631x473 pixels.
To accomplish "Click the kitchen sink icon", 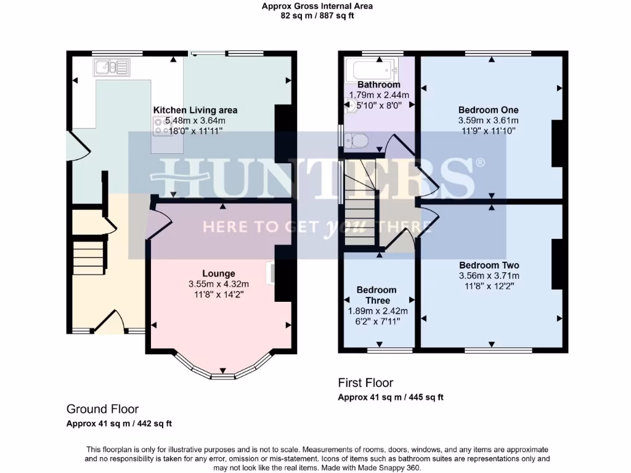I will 112,66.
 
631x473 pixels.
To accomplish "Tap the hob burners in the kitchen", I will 162,126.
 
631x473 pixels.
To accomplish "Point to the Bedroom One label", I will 488,110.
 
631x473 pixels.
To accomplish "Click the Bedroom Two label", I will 489,265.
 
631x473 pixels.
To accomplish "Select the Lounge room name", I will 219,273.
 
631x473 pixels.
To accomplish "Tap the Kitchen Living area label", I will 195,110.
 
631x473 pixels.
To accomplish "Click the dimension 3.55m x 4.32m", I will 219,284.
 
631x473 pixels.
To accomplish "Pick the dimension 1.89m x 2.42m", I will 377,311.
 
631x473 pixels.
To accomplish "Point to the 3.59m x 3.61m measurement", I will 488,121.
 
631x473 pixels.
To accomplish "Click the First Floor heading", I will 365,383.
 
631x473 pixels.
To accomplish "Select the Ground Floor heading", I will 102,409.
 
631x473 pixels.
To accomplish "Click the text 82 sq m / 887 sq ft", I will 317,16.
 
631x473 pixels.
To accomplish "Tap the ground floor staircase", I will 88,257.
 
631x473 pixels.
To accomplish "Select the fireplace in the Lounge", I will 270,273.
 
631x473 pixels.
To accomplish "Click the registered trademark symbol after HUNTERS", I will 479,163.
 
